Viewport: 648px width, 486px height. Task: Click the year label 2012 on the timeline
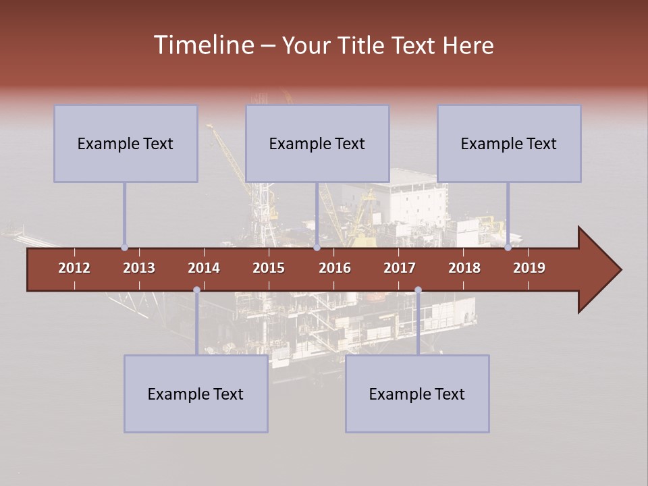click(x=74, y=268)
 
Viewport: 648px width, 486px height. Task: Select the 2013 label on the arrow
click(x=139, y=268)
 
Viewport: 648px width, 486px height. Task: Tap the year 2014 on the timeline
click(x=204, y=268)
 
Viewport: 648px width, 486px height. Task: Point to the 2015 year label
click(x=269, y=268)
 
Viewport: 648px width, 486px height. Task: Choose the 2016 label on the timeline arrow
click(x=335, y=268)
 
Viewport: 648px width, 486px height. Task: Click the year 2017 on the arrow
click(x=400, y=268)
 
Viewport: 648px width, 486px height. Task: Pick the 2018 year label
click(x=464, y=268)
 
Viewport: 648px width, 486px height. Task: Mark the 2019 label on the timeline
click(x=529, y=268)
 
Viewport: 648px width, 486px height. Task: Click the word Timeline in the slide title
click(x=202, y=45)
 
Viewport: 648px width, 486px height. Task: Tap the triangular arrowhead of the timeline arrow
click(x=597, y=270)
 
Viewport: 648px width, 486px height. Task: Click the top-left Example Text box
click(x=126, y=143)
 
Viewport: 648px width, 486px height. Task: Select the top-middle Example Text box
click(x=317, y=143)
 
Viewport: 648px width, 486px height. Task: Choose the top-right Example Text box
click(x=509, y=143)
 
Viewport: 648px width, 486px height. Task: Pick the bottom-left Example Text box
click(x=196, y=394)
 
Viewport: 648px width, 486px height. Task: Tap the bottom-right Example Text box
click(x=417, y=394)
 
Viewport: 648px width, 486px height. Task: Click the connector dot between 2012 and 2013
click(x=124, y=248)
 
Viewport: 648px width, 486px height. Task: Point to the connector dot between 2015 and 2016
click(x=317, y=248)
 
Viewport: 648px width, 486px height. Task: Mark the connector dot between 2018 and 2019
click(x=508, y=248)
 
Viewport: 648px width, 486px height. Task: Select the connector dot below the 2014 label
click(x=196, y=290)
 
